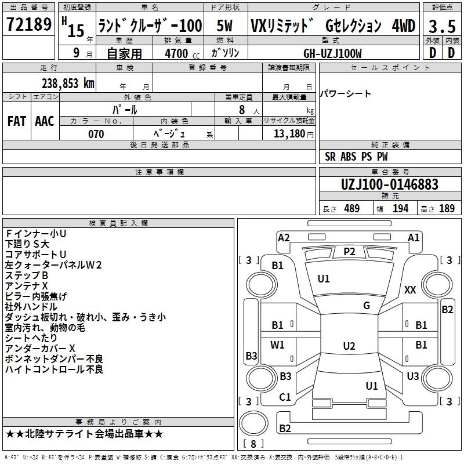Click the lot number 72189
[28, 25]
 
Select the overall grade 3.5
[441, 26]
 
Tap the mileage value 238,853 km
[68, 84]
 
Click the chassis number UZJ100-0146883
[390, 184]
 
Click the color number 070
[96, 134]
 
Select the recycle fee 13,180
[290, 134]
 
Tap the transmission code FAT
[16, 121]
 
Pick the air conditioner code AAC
[44, 121]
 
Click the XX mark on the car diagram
[410, 289]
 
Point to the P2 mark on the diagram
[349, 251]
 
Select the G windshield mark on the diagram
[367, 306]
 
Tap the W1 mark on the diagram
[278, 345]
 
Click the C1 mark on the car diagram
[285, 397]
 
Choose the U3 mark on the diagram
[413, 376]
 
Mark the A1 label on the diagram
[414, 237]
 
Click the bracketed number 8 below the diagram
[253, 444]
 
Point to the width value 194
[401, 208]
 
